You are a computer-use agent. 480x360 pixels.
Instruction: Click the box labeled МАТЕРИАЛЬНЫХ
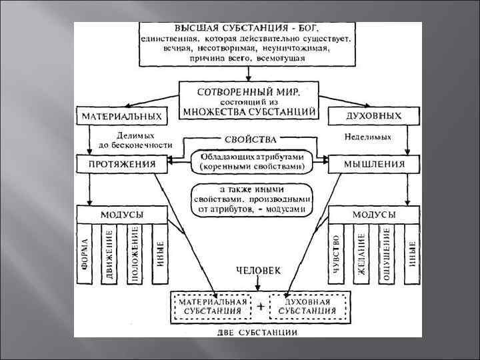pos(121,115)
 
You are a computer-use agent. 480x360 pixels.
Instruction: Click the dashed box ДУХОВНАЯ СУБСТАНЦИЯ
pos(309,306)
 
